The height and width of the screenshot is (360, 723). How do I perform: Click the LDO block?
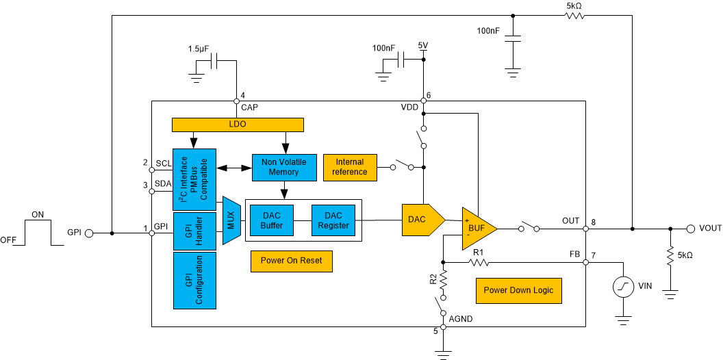237,125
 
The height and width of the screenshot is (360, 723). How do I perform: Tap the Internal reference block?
349,167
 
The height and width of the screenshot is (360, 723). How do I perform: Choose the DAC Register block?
333,220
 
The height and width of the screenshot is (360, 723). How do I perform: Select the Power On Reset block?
291,261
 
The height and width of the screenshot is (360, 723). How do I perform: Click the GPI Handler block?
194,230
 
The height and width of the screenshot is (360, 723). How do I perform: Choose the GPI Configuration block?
194,280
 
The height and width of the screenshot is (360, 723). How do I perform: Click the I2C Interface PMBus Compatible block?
194,179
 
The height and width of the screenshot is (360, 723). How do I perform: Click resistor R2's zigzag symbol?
443,280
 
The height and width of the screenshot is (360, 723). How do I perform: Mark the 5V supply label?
423,47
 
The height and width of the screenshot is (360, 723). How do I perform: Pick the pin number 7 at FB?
594,256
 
